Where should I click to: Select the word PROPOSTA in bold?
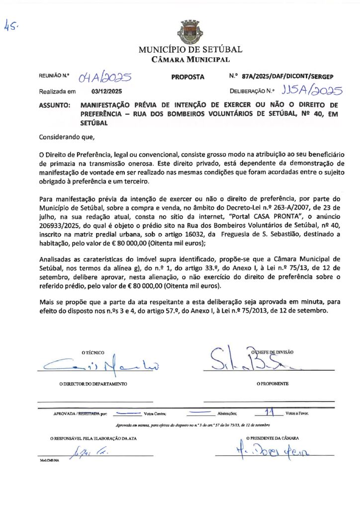point(188,77)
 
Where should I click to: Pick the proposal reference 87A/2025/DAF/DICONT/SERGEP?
point(287,77)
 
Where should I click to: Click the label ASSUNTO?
point(54,105)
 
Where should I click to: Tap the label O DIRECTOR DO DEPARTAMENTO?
point(92,384)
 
